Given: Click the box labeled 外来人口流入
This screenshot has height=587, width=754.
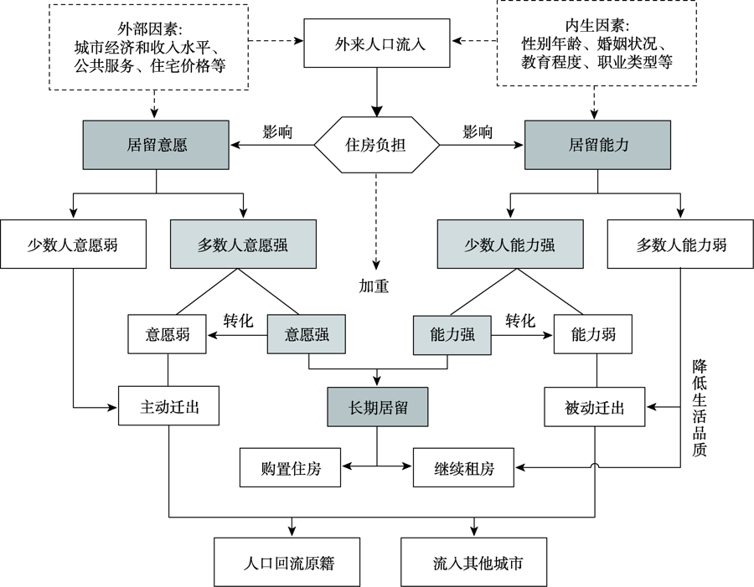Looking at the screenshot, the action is pyautogui.click(x=376, y=44).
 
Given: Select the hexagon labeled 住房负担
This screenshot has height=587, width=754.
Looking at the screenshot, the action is pyautogui.click(x=376, y=145).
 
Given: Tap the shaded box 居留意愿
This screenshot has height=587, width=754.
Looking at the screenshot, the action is pyautogui.click(x=156, y=145).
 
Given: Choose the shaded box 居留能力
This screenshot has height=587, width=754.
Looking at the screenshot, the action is pyautogui.click(x=597, y=145).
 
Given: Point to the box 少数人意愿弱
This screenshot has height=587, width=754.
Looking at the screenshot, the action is pyautogui.click(x=73, y=245).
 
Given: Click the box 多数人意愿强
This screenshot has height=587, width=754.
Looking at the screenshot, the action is pyautogui.click(x=243, y=245).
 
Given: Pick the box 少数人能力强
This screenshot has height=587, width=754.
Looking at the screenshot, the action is pyautogui.click(x=510, y=245).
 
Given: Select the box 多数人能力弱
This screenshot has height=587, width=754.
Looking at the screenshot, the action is pyautogui.click(x=680, y=245).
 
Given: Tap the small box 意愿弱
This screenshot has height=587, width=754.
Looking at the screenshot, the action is pyautogui.click(x=167, y=334).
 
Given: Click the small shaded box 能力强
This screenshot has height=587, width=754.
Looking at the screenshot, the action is pyautogui.click(x=452, y=335).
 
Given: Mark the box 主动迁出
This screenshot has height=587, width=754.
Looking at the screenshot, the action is pyautogui.click(x=168, y=406).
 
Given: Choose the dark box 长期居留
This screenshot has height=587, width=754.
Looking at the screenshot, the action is pyautogui.click(x=378, y=407).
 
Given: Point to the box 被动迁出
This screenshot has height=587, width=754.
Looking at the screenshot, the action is pyautogui.click(x=594, y=407).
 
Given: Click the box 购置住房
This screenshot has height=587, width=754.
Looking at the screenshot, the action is pyautogui.click(x=290, y=467).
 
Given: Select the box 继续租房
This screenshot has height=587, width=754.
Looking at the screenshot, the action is pyautogui.click(x=463, y=467).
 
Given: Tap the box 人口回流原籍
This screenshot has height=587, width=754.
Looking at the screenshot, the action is pyautogui.click(x=287, y=563).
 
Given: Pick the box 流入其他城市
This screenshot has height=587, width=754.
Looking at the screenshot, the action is pyautogui.click(x=473, y=563).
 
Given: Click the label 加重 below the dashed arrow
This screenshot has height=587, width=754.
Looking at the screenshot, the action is pyautogui.click(x=374, y=286).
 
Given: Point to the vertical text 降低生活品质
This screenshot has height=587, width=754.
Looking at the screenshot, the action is pyautogui.click(x=700, y=407).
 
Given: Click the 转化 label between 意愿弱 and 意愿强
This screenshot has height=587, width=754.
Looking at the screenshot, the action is pyautogui.click(x=238, y=321).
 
